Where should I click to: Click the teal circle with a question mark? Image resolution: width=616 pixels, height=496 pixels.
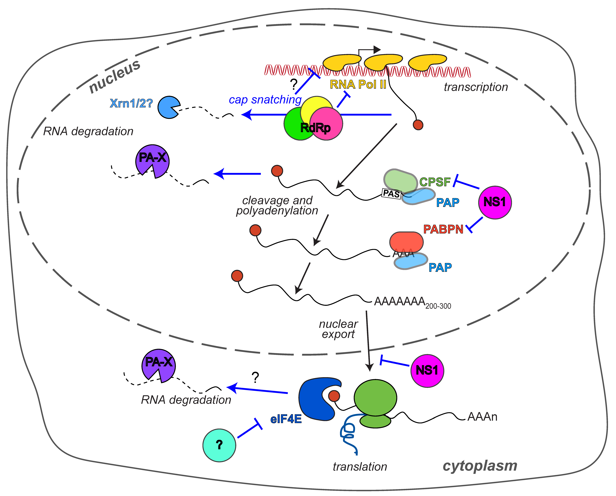219,445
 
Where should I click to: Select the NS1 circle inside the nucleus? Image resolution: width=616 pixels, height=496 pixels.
495,202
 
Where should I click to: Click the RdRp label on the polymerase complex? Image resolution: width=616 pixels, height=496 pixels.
315,128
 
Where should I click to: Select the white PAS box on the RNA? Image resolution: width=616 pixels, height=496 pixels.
391,194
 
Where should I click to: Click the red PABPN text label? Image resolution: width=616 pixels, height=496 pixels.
443,229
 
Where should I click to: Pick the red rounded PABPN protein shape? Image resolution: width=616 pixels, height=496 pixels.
406,242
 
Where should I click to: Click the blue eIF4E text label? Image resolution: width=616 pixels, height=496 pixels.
286,419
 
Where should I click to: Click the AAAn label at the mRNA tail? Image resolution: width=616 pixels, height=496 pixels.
482,417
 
